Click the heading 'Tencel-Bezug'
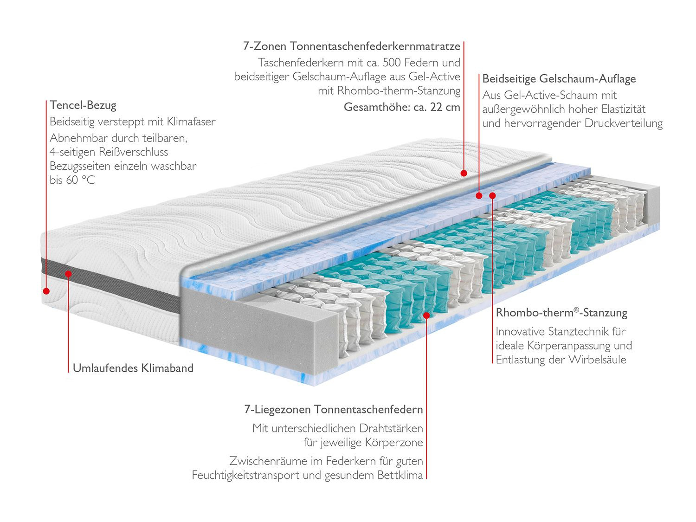click(x=83, y=105)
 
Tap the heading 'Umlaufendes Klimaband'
click(x=133, y=368)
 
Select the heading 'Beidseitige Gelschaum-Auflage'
click(x=559, y=79)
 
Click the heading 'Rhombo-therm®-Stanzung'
click(x=561, y=313)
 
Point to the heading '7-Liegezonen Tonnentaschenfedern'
click(x=333, y=410)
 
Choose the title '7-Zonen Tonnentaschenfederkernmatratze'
click(x=351, y=46)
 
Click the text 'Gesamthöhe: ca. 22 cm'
click(x=402, y=107)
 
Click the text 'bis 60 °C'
click(x=72, y=180)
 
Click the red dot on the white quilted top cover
click(x=463, y=173)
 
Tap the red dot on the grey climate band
click(x=68, y=274)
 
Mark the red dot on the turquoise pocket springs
click(x=426, y=316)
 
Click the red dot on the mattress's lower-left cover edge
click(x=46, y=291)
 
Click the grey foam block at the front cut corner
click(x=260, y=320)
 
